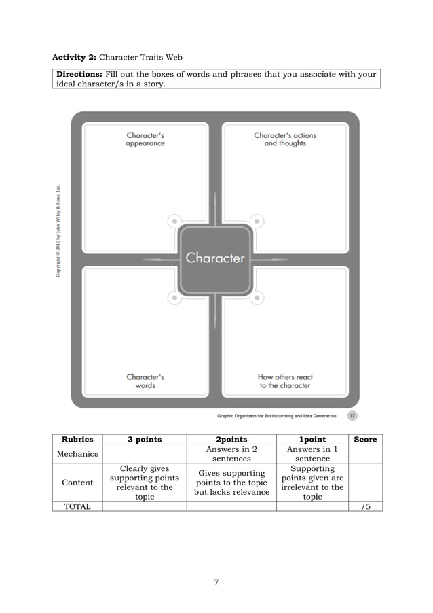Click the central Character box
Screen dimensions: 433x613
pos(215,258)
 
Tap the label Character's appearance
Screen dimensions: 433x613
pos(145,139)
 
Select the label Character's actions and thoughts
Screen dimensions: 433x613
pos(285,139)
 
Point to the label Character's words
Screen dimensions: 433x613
pos(145,381)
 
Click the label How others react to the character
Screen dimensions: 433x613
pos(285,381)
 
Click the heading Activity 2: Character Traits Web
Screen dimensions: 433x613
pos(117,57)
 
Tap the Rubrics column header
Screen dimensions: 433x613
pos(77,440)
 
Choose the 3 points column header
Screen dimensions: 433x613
pos(145,440)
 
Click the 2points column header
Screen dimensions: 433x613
pos(231,440)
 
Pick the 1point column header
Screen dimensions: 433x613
pos(312,440)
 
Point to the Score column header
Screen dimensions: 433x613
pos(365,440)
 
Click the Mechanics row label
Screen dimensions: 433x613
pos(77,454)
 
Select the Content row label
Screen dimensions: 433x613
pos(77,483)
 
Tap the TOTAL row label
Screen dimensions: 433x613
pos(77,506)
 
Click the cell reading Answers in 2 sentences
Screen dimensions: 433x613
pos(231,454)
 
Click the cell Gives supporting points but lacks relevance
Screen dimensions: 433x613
pos(231,483)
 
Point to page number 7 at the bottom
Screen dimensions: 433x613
pos(216,582)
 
